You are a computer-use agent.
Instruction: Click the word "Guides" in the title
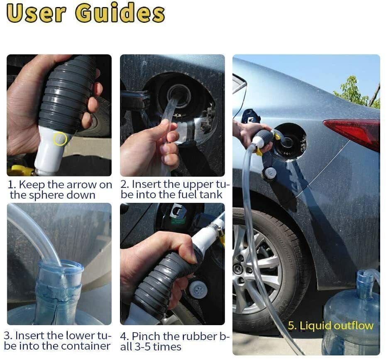[x=120, y=13]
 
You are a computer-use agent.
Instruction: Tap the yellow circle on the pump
[x=60, y=139]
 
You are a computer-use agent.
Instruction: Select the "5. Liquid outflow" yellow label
[x=330, y=326]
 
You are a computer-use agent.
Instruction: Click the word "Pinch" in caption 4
[x=148, y=336]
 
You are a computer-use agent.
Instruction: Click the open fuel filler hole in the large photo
[x=290, y=141]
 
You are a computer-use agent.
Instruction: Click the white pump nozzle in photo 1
[x=49, y=151]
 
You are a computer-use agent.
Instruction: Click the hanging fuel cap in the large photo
[x=270, y=173]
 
